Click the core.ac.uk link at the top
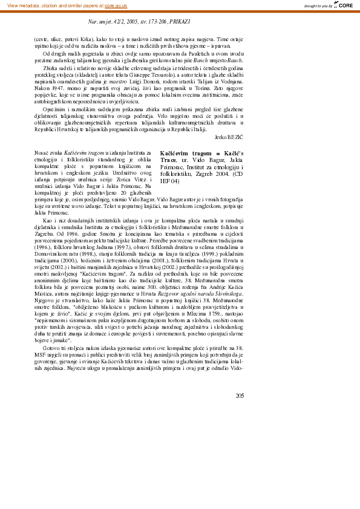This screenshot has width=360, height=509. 115,5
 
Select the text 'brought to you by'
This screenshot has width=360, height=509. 317,5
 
